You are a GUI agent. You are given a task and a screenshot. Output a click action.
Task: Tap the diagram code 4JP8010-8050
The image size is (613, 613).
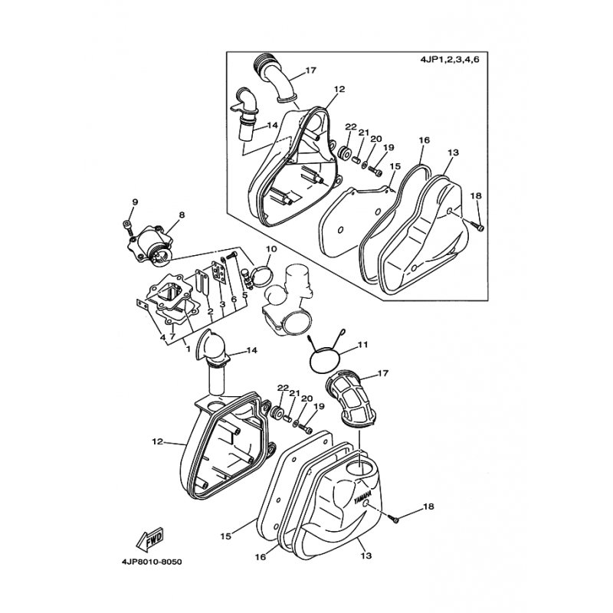[152, 562]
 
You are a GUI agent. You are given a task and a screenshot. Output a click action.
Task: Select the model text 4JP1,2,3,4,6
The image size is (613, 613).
[450, 60]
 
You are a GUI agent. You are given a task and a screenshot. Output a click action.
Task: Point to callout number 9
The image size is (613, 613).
[135, 202]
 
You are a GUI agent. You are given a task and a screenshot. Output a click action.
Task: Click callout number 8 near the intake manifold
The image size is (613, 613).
[182, 215]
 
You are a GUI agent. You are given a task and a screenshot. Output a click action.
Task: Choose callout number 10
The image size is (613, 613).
[271, 249]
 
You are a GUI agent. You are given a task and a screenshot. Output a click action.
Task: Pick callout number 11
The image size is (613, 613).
[363, 345]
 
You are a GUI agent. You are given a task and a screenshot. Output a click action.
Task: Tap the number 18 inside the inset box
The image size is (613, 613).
[476, 196]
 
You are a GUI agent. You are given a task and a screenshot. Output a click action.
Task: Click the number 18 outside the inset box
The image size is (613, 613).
[428, 506]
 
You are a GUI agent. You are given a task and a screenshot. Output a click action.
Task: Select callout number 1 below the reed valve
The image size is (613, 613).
[188, 349]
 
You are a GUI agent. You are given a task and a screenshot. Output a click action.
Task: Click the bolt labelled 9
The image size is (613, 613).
[127, 225]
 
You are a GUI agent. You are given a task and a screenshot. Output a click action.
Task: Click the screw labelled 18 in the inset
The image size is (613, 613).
[477, 225]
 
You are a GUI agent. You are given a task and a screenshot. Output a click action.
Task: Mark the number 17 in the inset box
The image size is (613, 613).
[311, 70]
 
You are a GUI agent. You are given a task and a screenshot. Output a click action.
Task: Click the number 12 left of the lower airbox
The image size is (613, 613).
[157, 442]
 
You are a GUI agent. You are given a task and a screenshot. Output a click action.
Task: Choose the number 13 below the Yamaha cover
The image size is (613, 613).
[366, 555]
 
